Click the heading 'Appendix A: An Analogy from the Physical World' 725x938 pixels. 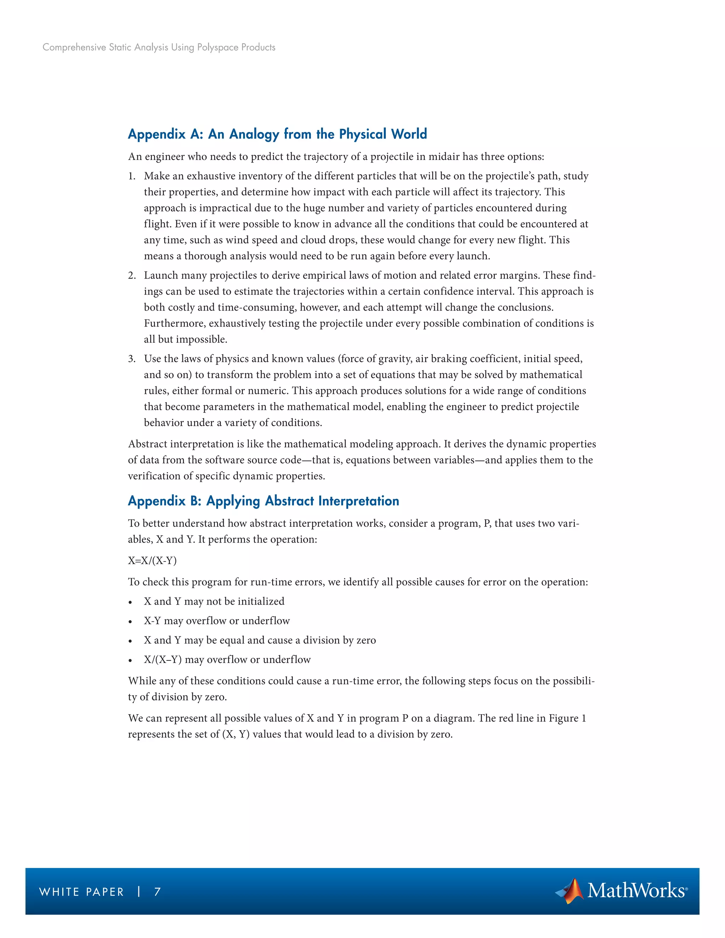point(277,134)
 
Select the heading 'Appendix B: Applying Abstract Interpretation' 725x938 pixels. point(263,501)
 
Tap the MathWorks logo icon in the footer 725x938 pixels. point(570,891)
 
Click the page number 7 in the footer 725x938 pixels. point(157,892)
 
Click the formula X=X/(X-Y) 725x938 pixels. point(152,560)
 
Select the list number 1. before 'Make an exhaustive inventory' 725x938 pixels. point(132,176)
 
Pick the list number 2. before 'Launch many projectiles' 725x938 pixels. point(132,275)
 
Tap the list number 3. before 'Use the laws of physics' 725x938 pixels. point(132,359)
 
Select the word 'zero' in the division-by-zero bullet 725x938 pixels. point(366,640)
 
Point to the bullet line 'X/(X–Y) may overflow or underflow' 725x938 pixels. point(227,660)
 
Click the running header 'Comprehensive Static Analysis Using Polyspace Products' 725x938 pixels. point(159,47)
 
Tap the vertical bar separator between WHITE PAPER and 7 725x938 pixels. point(139,892)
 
